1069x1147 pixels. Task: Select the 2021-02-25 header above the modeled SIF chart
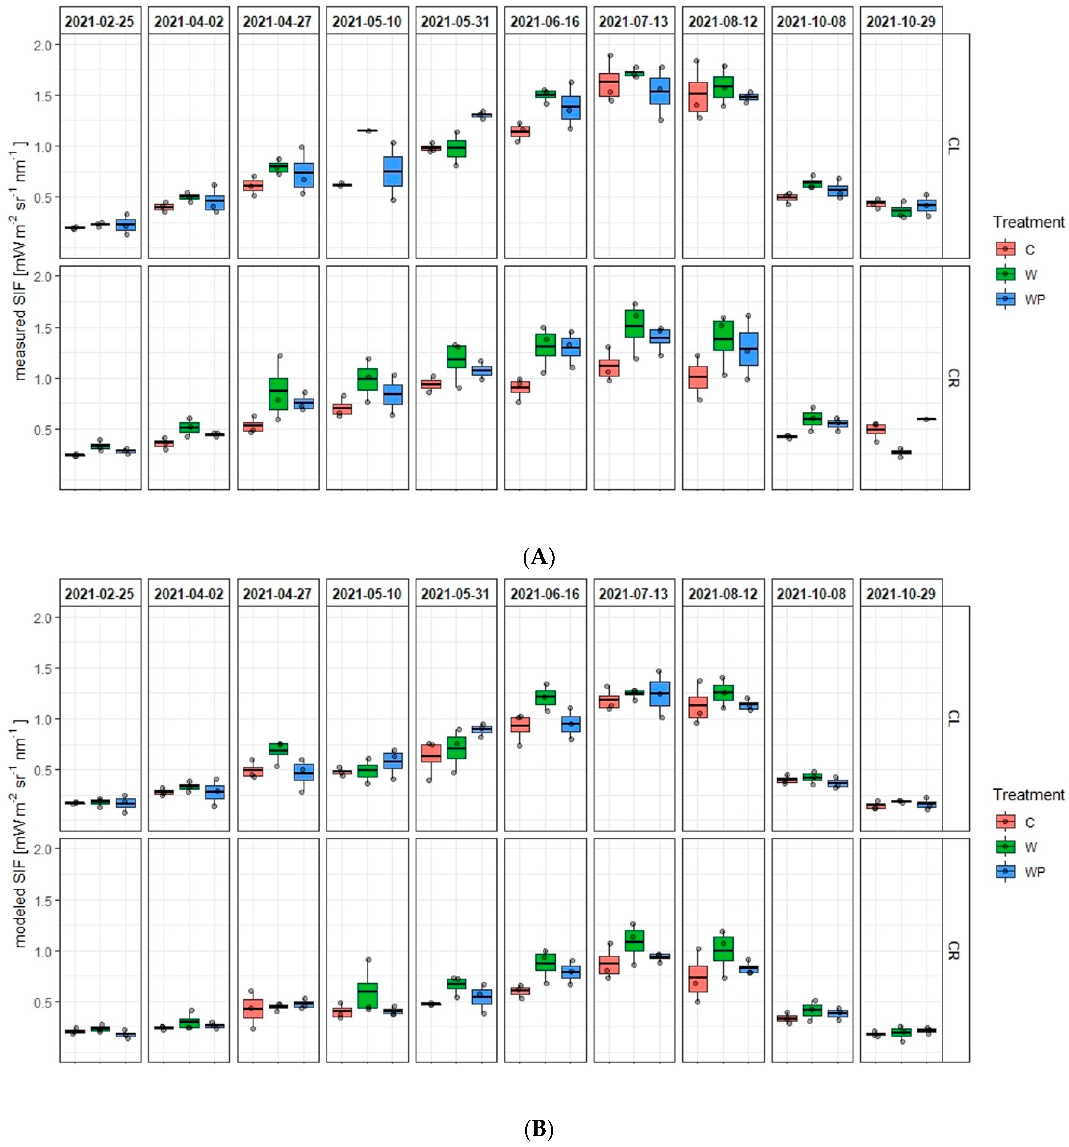coord(100,594)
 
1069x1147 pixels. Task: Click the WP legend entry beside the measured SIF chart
coord(1034,299)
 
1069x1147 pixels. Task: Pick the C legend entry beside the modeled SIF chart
coord(1029,822)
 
